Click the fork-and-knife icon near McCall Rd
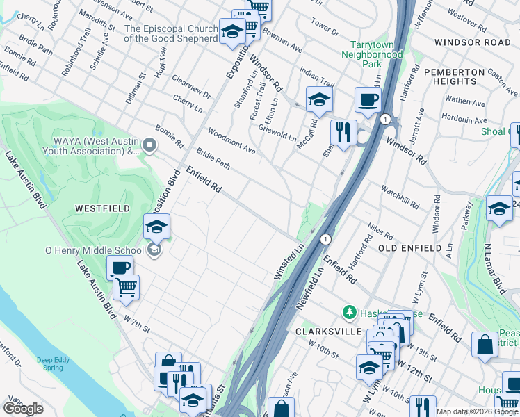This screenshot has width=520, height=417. (343, 132)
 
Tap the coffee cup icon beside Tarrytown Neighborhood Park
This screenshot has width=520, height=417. (367, 99)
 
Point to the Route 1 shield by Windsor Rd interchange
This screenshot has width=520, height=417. (384, 120)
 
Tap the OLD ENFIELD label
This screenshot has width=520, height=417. (410, 248)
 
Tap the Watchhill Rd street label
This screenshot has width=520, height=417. (400, 197)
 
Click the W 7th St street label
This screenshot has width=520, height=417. (136, 322)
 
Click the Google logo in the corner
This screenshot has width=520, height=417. (23, 409)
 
